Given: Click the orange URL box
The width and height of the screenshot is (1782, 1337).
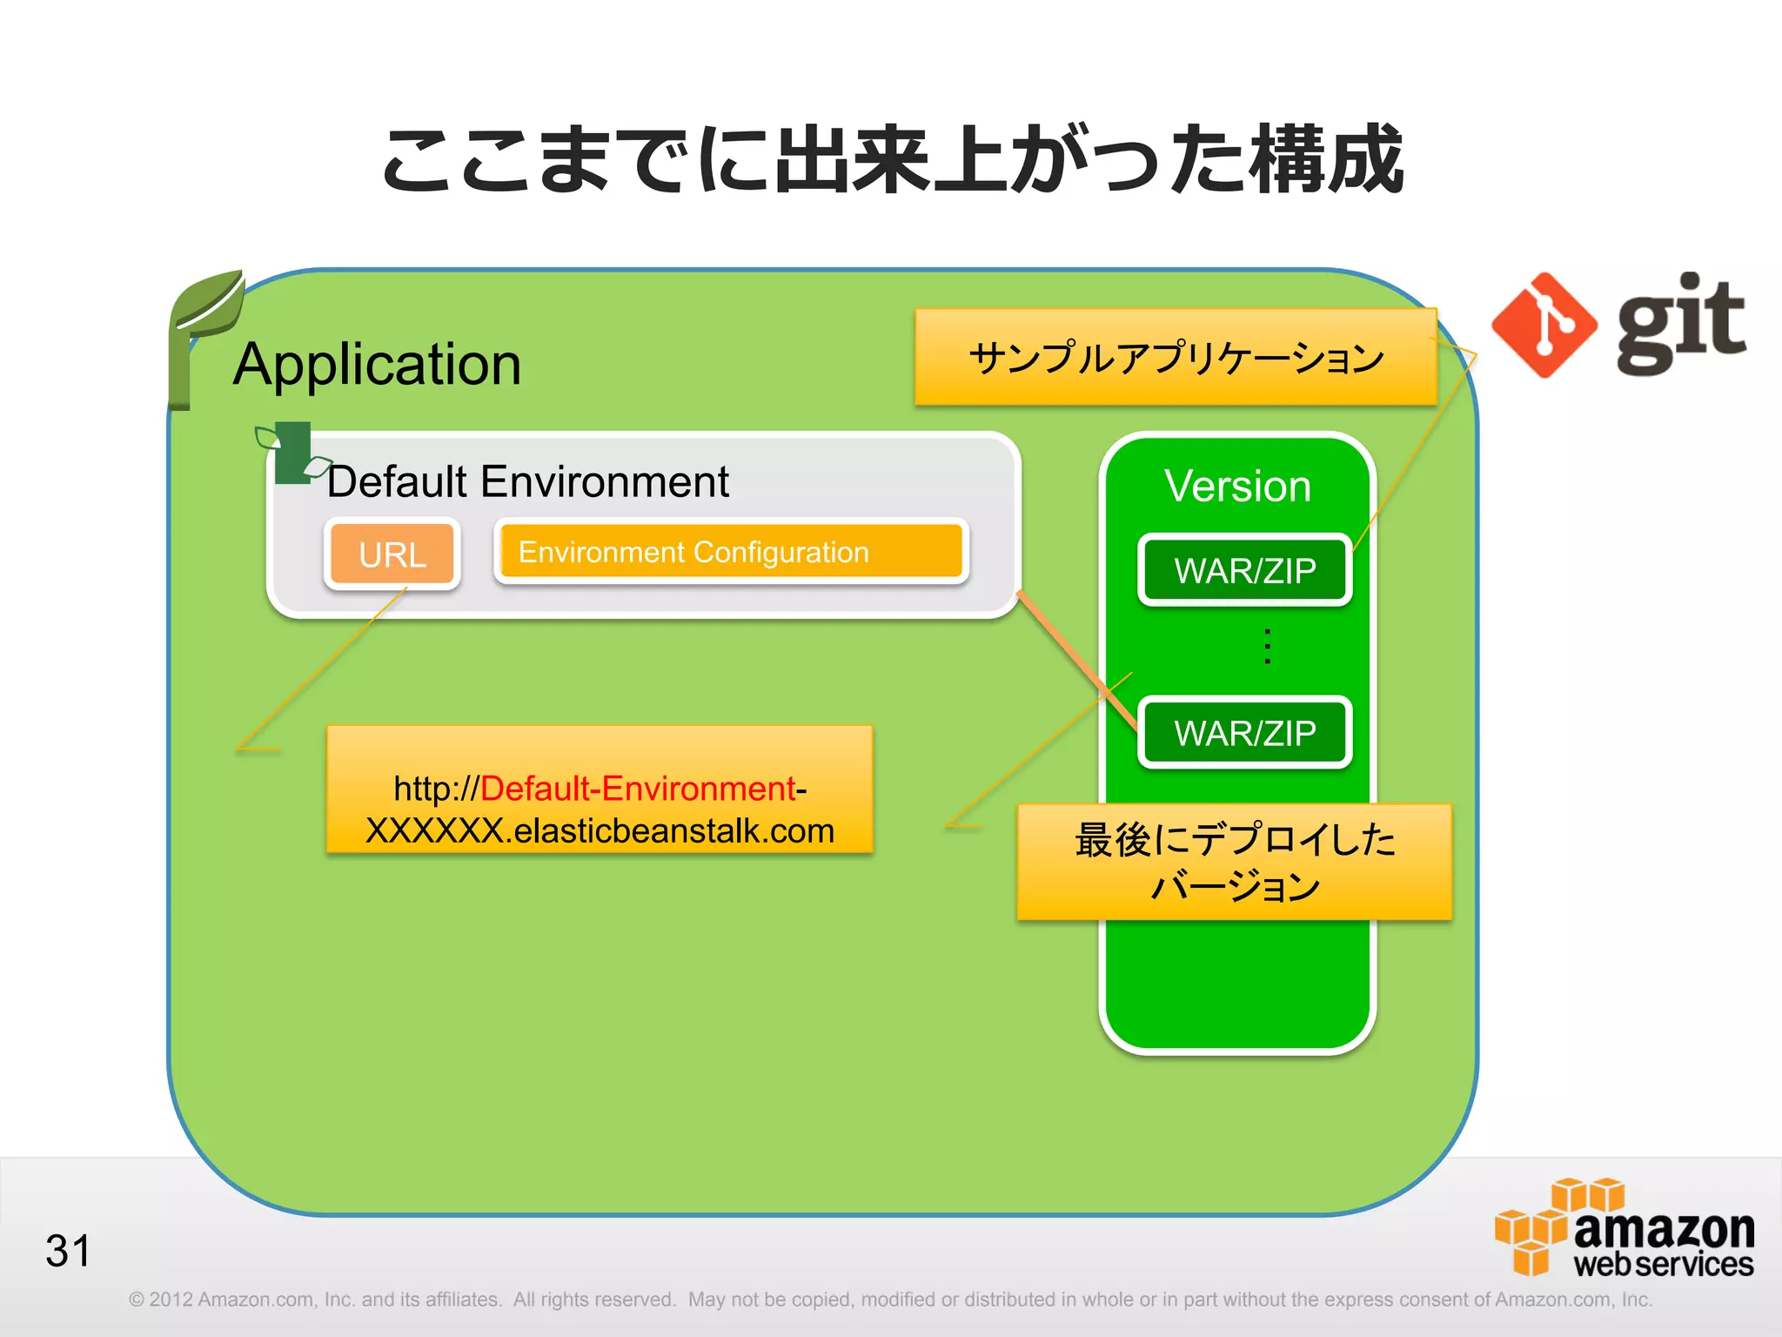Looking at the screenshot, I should click(x=392, y=554).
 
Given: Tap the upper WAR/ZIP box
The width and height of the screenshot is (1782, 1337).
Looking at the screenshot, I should click(x=1244, y=571).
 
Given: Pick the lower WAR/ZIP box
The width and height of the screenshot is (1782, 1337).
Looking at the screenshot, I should click(x=1244, y=733).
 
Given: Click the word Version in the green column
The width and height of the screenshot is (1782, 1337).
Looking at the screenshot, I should click(x=1237, y=486).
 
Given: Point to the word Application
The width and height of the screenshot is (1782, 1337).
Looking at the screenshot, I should click(x=377, y=364).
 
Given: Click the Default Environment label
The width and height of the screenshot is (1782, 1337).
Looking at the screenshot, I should click(x=527, y=481).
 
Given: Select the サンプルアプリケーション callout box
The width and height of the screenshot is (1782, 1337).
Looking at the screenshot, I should click(x=1175, y=358).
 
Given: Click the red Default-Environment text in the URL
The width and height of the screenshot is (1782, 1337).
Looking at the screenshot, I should click(x=637, y=789).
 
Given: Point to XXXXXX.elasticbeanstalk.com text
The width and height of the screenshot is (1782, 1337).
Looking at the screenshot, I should click(x=600, y=830).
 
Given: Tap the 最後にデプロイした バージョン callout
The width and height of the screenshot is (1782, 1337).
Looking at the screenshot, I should click(x=1234, y=862).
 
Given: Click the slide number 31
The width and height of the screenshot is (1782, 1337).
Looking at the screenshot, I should click(x=68, y=1251).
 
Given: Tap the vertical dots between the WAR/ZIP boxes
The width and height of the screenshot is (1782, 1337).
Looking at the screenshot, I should click(x=1268, y=647).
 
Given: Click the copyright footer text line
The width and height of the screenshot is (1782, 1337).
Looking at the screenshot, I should click(x=889, y=1300).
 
